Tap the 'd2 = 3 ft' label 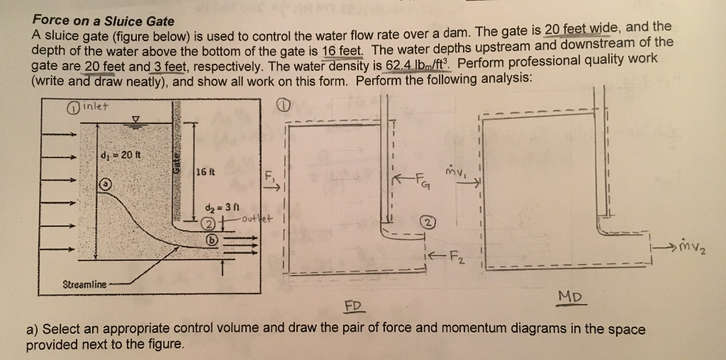[218, 208]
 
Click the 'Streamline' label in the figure [85, 283]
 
